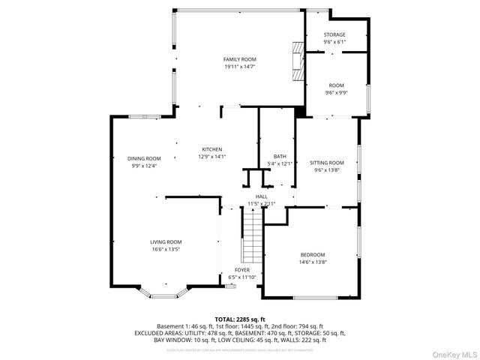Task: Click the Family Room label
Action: coord(240,59)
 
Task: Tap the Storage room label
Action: coord(334,35)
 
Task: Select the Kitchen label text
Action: coord(211,149)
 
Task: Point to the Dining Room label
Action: coord(144,158)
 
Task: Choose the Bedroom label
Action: coord(313,254)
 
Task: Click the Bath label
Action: coord(280,156)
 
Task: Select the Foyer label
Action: coord(242,270)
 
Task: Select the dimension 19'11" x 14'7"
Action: coord(240,67)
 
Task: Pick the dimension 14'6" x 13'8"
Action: coord(313,262)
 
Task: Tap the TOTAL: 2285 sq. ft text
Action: coord(240,319)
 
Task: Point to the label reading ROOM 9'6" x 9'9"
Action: coord(335,89)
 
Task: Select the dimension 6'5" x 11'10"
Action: coord(242,277)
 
